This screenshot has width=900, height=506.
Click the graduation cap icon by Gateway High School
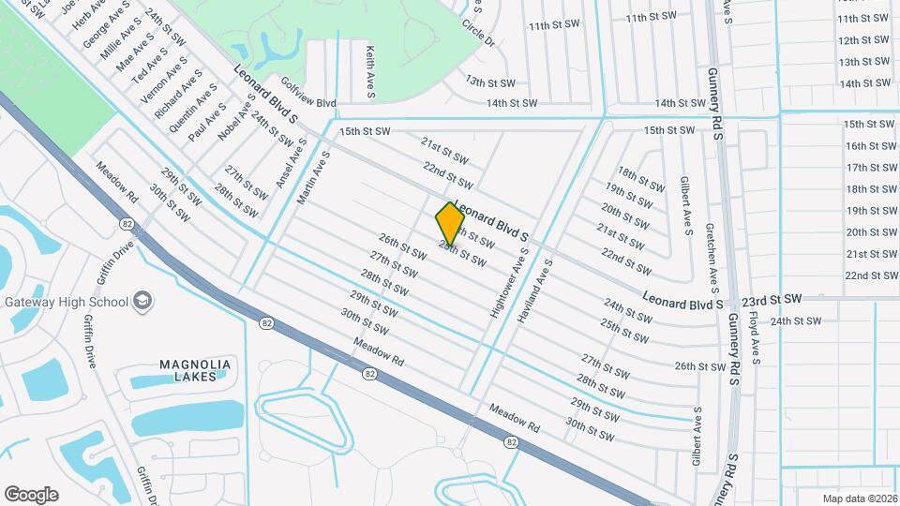143,300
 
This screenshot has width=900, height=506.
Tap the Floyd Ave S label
756,338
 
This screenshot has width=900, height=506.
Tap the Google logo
31,495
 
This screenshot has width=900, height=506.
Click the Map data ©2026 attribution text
859,499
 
